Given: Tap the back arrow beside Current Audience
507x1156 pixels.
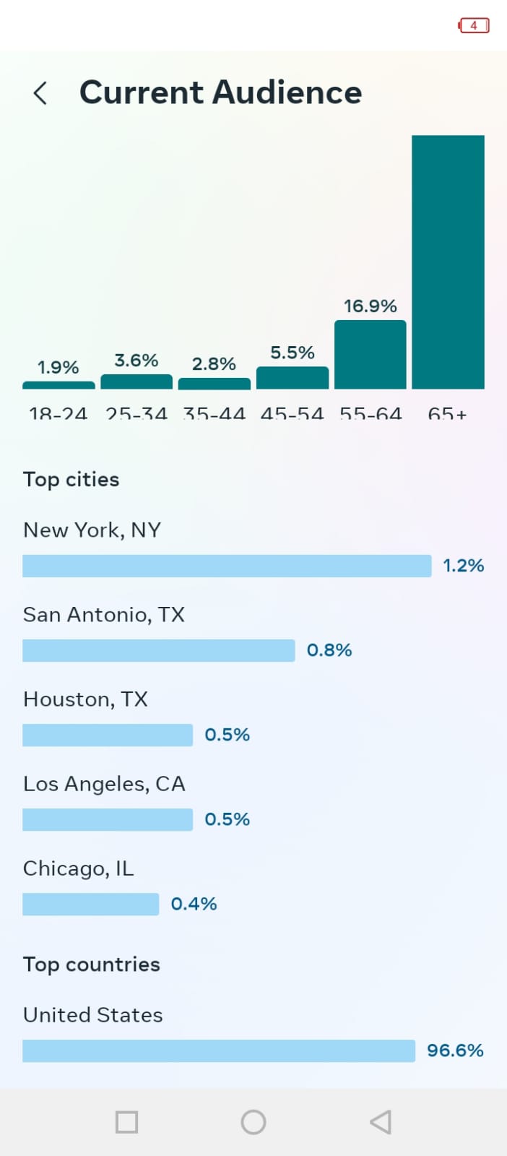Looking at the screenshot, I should (x=40, y=93).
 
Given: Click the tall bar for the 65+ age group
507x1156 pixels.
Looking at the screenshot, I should (x=448, y=262).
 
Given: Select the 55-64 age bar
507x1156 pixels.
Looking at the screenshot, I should (x=370, y=355).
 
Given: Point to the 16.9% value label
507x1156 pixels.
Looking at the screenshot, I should (x=370, y=306).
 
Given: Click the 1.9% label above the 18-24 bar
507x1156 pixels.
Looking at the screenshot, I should (x=58, y=367).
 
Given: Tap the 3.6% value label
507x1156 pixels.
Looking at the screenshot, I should (x=136, y=361).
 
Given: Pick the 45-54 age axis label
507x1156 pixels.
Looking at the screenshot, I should (x=292, y=414).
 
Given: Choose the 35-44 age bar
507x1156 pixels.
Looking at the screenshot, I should (x=214, y=384).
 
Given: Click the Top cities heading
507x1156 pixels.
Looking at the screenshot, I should (x=71, y=480).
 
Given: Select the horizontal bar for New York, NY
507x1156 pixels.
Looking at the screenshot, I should (x=227, y=566).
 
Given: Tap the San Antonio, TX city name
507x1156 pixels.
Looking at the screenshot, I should (x=104, y=615).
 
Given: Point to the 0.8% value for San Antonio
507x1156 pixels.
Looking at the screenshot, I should (x=329, y=650).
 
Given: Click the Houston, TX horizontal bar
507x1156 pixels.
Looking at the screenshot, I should (x=108, y=735).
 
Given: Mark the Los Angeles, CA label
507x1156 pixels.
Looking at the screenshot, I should (x=104, y=784).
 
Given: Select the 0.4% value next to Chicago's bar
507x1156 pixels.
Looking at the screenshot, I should (x=194, y=904).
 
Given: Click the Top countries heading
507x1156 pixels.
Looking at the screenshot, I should (x=92, y=965).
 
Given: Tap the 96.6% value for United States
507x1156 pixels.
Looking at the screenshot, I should (x=455, y=1051).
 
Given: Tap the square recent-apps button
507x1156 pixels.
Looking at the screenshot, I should (x=126, y=1122).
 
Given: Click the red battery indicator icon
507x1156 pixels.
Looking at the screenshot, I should (x=474, y=25).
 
